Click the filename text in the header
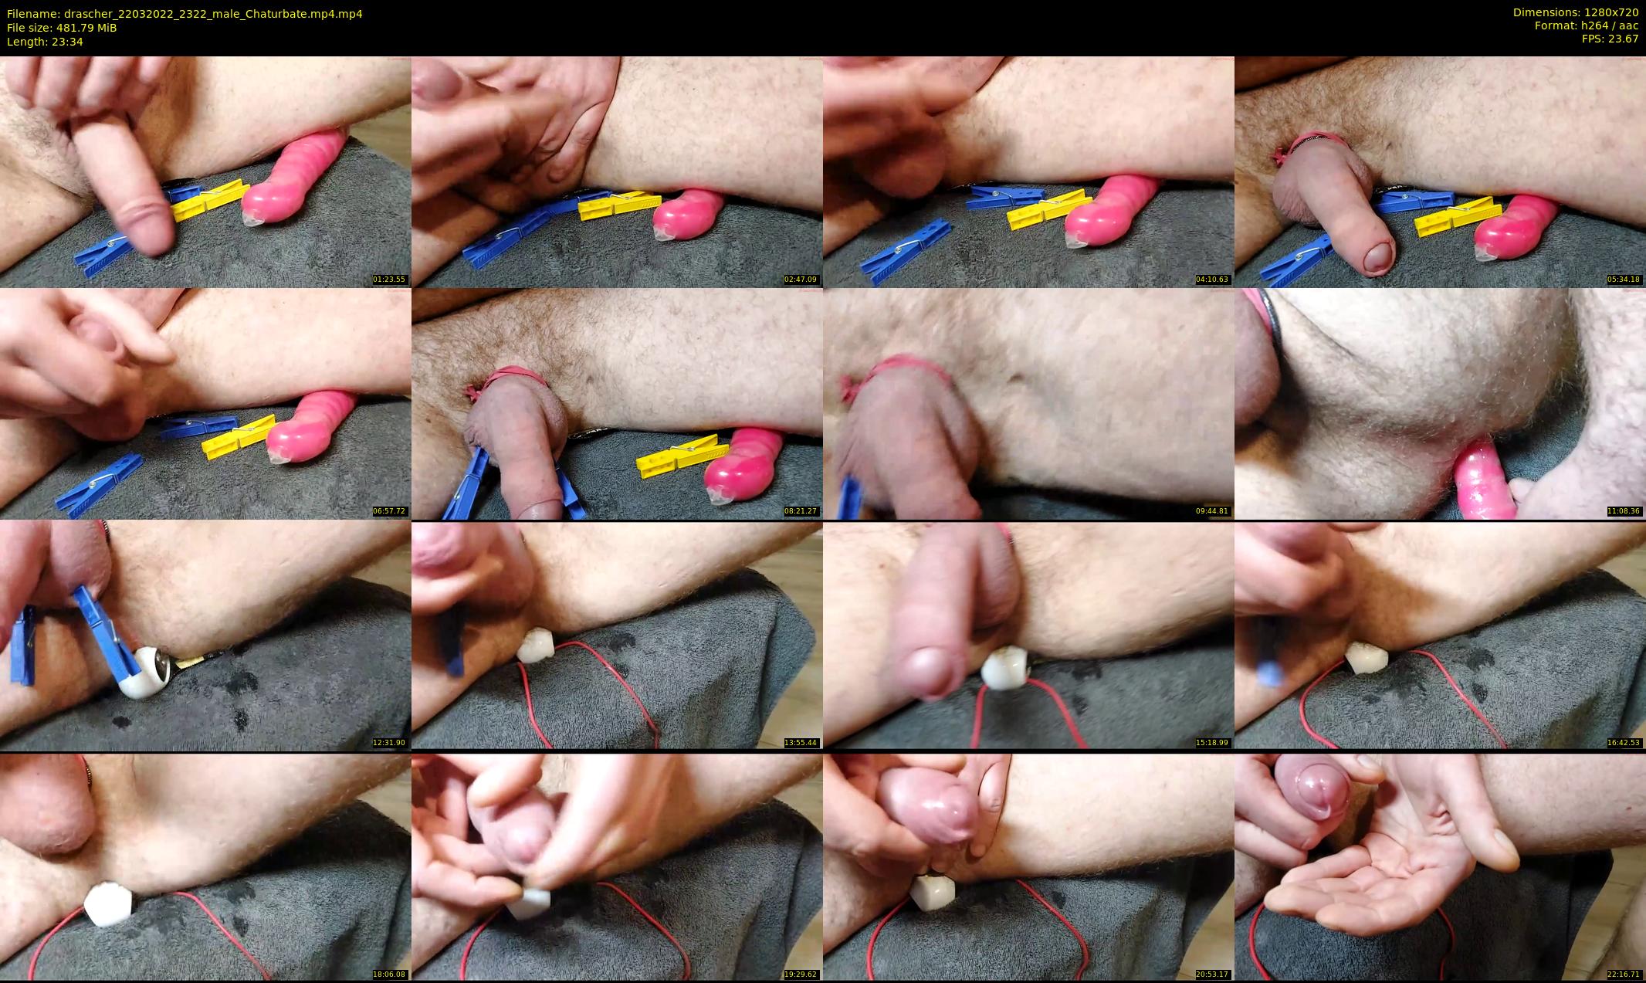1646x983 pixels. [x=185, y=14]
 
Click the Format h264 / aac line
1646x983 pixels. [x=1587, y=25]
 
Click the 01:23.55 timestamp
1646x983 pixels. [x=389, y=280]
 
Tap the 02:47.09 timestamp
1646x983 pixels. [x=801, y=280]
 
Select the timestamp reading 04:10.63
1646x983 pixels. [x=1212, y=280]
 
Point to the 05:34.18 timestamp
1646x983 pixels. [x=1624, y=280]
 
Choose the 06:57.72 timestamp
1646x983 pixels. [x=389, y=511]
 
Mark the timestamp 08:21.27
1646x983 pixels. [x=801, y=511]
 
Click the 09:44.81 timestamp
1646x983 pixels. [x=1212, y=511]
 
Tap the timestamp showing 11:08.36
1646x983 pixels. [x=1624, y=511]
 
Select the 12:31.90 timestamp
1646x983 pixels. [x=389, y=743]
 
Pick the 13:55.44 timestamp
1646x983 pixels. [x=801, y=743]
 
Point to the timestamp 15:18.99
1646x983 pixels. [x=1212, y=743]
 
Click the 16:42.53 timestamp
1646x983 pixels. [x=1624, y=743]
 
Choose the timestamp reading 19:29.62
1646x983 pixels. [x=801, y=975]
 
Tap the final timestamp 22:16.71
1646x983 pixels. [x=1624, y=975]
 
